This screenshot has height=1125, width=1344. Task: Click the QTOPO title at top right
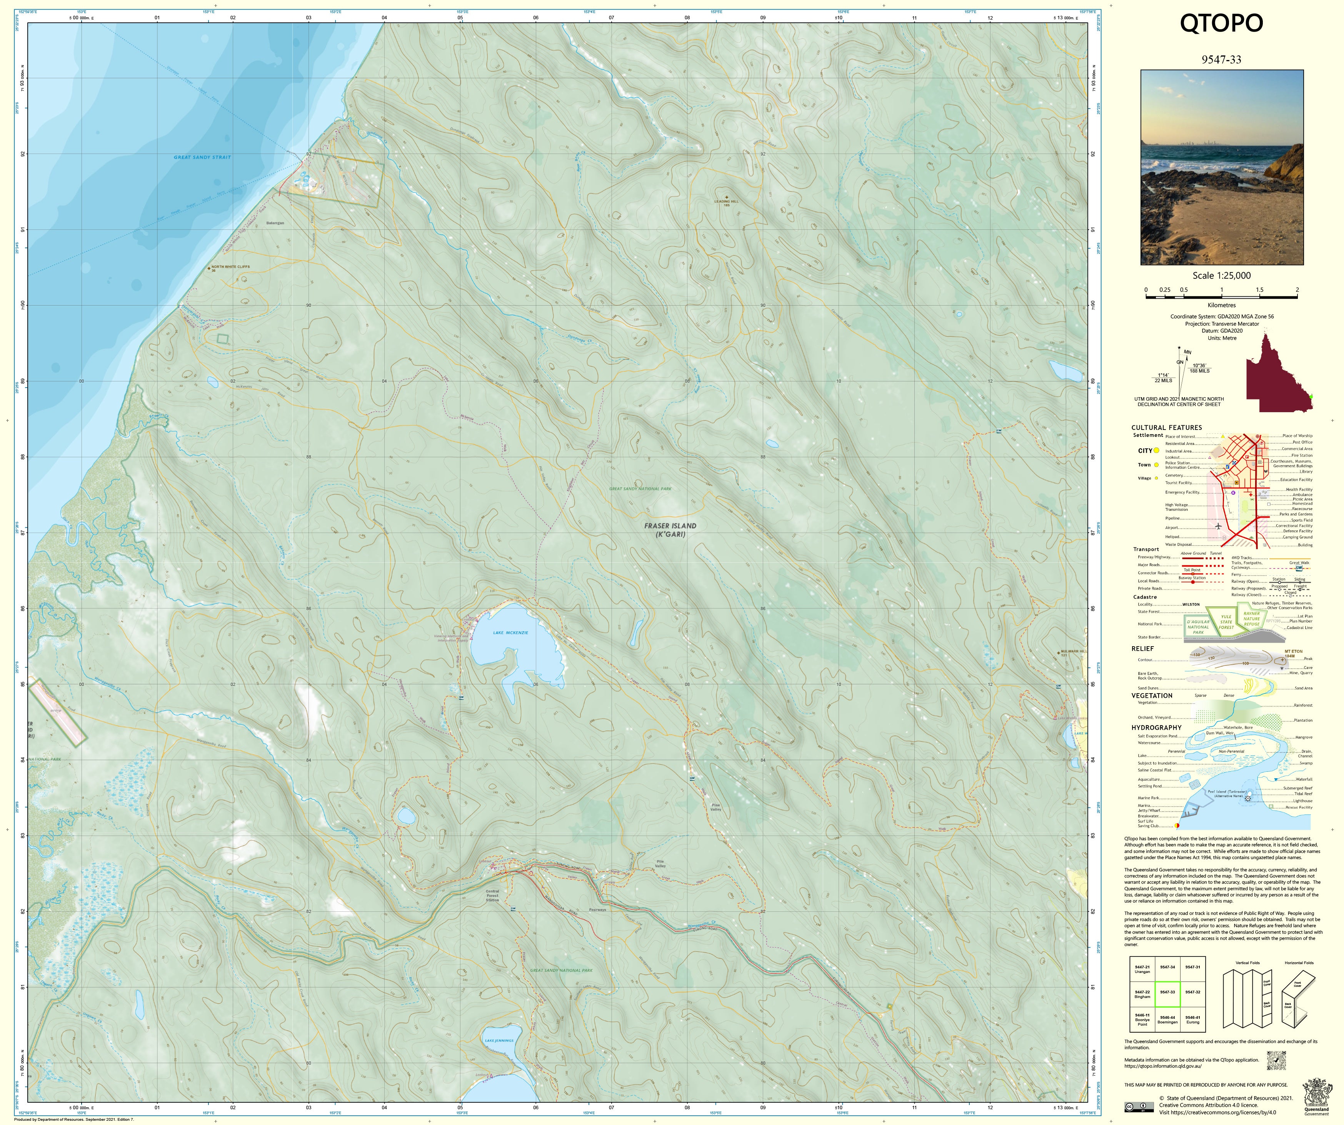pyautogui.click(x=1221, y=24)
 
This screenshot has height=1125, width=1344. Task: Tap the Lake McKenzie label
pyautogui.click(x=510, y=633)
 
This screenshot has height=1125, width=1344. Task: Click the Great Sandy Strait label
pyautogui.click(x=202, y=157)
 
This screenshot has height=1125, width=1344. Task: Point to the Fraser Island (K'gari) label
pyautogui.click(x=670, y=530)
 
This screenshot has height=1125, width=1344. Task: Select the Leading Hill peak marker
pyautogui.click(x=726, y=197)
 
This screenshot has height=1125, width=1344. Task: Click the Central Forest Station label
pyautogui.click(x=492, y=895)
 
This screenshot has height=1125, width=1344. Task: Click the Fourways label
pyautogui.click(x=597, y=909)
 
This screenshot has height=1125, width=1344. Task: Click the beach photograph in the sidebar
pyautogui.click(x=1221, y=167)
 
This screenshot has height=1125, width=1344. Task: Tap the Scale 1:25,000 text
pyautogui.click(x=1221, y=275)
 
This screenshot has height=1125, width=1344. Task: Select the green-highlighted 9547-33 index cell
pyautogui.click(x=1167, y=992)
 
